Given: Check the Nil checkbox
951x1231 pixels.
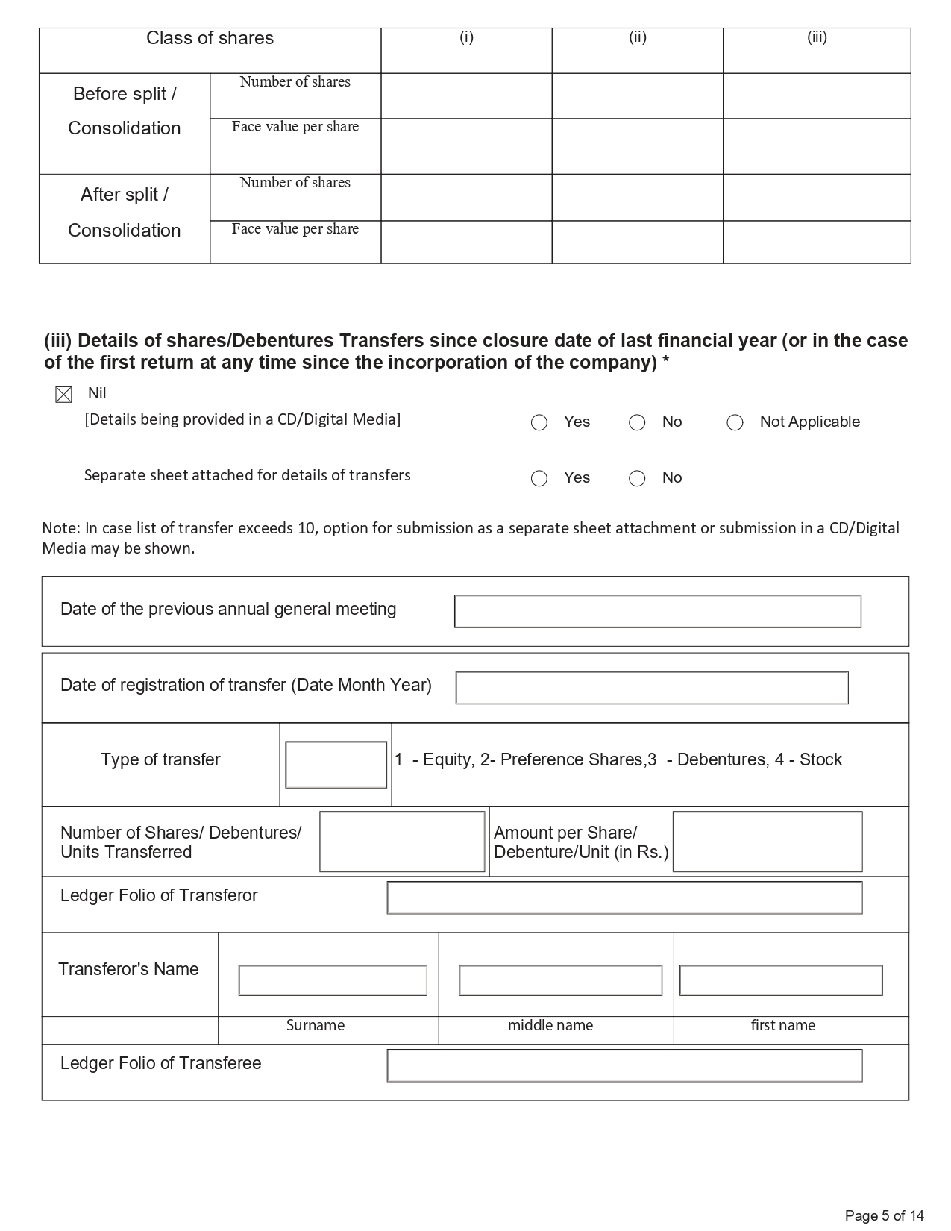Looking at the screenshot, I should pyautogui.click(x=64, y=395).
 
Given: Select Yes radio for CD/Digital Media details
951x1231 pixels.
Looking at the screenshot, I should pyautogui.click(x=539, y=423).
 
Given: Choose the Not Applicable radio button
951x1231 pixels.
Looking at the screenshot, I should pyautogui.click(x=735, y=423).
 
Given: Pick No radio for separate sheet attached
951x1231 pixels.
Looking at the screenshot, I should pyautogui.click(x=637, y=479).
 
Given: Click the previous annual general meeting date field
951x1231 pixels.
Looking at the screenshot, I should pyautogui.click(x=657, y=612).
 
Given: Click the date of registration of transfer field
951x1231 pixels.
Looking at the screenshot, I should pyautogui.click(x=651, y=688).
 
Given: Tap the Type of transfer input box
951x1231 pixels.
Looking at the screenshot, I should pyautogui.click(x=336, y=765).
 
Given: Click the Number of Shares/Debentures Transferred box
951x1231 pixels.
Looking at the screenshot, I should pyautogui.click(x=402, y=842).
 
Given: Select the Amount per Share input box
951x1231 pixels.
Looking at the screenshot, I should pyautogui.click(x=767, y=842).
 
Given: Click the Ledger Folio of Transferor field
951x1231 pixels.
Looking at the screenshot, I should pyautogui.click(x=624, y=898).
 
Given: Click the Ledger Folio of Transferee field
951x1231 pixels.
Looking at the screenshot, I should pyautogui.click(x=624, y=1065).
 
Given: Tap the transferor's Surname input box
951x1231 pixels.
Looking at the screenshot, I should pyautogui.click(x=333, y=980).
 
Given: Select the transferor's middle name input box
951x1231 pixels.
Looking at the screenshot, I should pyautogui.click(x=560, y=980).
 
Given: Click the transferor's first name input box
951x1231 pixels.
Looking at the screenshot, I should pyautogui.click(x=780, y=980).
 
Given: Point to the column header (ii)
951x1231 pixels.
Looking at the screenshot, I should pyautogui.click(x=637, y=37).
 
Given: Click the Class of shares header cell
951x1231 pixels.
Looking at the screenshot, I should pyautogui.click(x=210, y=39).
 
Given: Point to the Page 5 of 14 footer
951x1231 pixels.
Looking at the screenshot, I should pyautogui.click(x=884, y=1215).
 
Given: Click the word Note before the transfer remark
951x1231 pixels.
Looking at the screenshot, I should pyautogui.click(x=60, y=528).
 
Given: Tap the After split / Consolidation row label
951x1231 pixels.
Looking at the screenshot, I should pyautogui.click(x=125, y=213).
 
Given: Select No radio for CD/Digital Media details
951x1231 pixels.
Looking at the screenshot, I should pyautogui.click(x=637, y=423).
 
